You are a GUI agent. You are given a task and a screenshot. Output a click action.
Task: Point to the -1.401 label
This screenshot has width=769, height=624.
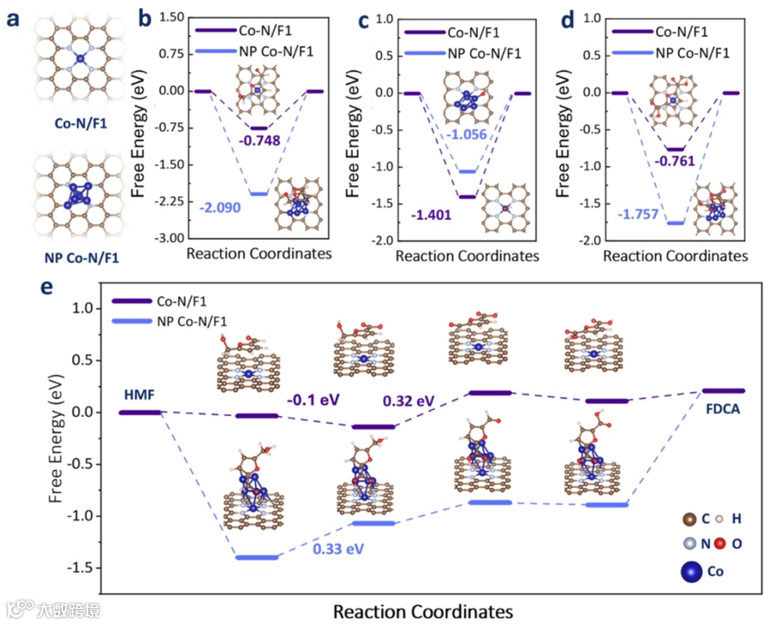431,214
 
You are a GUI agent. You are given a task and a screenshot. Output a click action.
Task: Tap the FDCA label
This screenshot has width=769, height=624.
723,410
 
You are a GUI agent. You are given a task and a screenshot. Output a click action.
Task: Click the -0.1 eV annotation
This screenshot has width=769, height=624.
309,400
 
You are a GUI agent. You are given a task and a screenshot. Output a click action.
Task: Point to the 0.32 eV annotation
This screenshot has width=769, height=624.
407,401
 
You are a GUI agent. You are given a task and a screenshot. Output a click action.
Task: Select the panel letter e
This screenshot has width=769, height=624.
46,288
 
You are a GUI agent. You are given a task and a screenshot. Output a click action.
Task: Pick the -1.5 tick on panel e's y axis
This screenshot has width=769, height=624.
84,568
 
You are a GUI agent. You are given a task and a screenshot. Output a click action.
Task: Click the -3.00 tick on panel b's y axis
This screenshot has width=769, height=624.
168,238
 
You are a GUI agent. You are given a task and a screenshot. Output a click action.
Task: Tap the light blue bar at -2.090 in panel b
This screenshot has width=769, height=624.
258,193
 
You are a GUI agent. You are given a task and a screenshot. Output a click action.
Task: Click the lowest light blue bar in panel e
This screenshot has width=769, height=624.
257,557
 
